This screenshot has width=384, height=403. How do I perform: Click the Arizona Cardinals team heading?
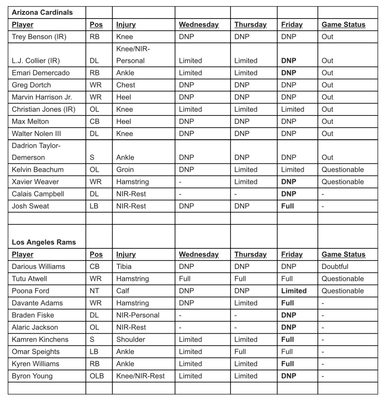click(42, 12)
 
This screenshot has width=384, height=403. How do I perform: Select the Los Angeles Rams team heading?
click(44, 242)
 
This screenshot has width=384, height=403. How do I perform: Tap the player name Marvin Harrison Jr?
click(42, 97)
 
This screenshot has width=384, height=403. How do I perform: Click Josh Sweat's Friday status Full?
click(288, 206)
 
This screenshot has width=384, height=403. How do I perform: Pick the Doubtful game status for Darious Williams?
click(335, 266)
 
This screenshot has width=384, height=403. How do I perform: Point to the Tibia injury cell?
click(124, 266)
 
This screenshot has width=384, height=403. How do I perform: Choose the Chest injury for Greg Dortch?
click(126, 85)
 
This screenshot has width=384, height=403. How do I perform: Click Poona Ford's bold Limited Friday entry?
click(294, 291)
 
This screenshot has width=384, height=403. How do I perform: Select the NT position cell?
click(94, 291)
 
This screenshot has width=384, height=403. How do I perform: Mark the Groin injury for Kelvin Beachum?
click(125, 170)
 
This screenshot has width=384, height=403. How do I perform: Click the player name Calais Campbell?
click(38, 194)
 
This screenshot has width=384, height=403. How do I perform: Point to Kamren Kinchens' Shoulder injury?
click(131, 339)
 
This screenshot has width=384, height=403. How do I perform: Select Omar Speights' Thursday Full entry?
click(240, 352)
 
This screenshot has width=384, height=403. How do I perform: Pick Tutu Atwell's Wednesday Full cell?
click(185, 279)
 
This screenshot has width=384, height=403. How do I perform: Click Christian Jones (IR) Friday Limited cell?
click(292, 109)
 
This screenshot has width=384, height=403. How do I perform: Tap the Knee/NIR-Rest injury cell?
click(141, 376)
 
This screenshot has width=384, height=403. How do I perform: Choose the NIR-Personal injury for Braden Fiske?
click(138, 315)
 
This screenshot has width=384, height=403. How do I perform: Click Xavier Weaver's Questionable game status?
click(342, 182)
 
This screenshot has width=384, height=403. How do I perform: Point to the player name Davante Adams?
click(37, 303)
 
